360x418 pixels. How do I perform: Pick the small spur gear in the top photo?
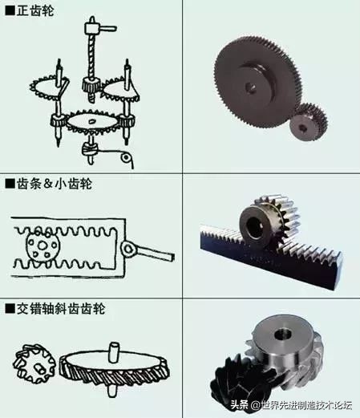click(x=309, y=122)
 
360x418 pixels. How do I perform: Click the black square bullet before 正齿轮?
click(x=9, y=9)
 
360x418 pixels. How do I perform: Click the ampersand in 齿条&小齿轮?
click(x=47, y=184)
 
